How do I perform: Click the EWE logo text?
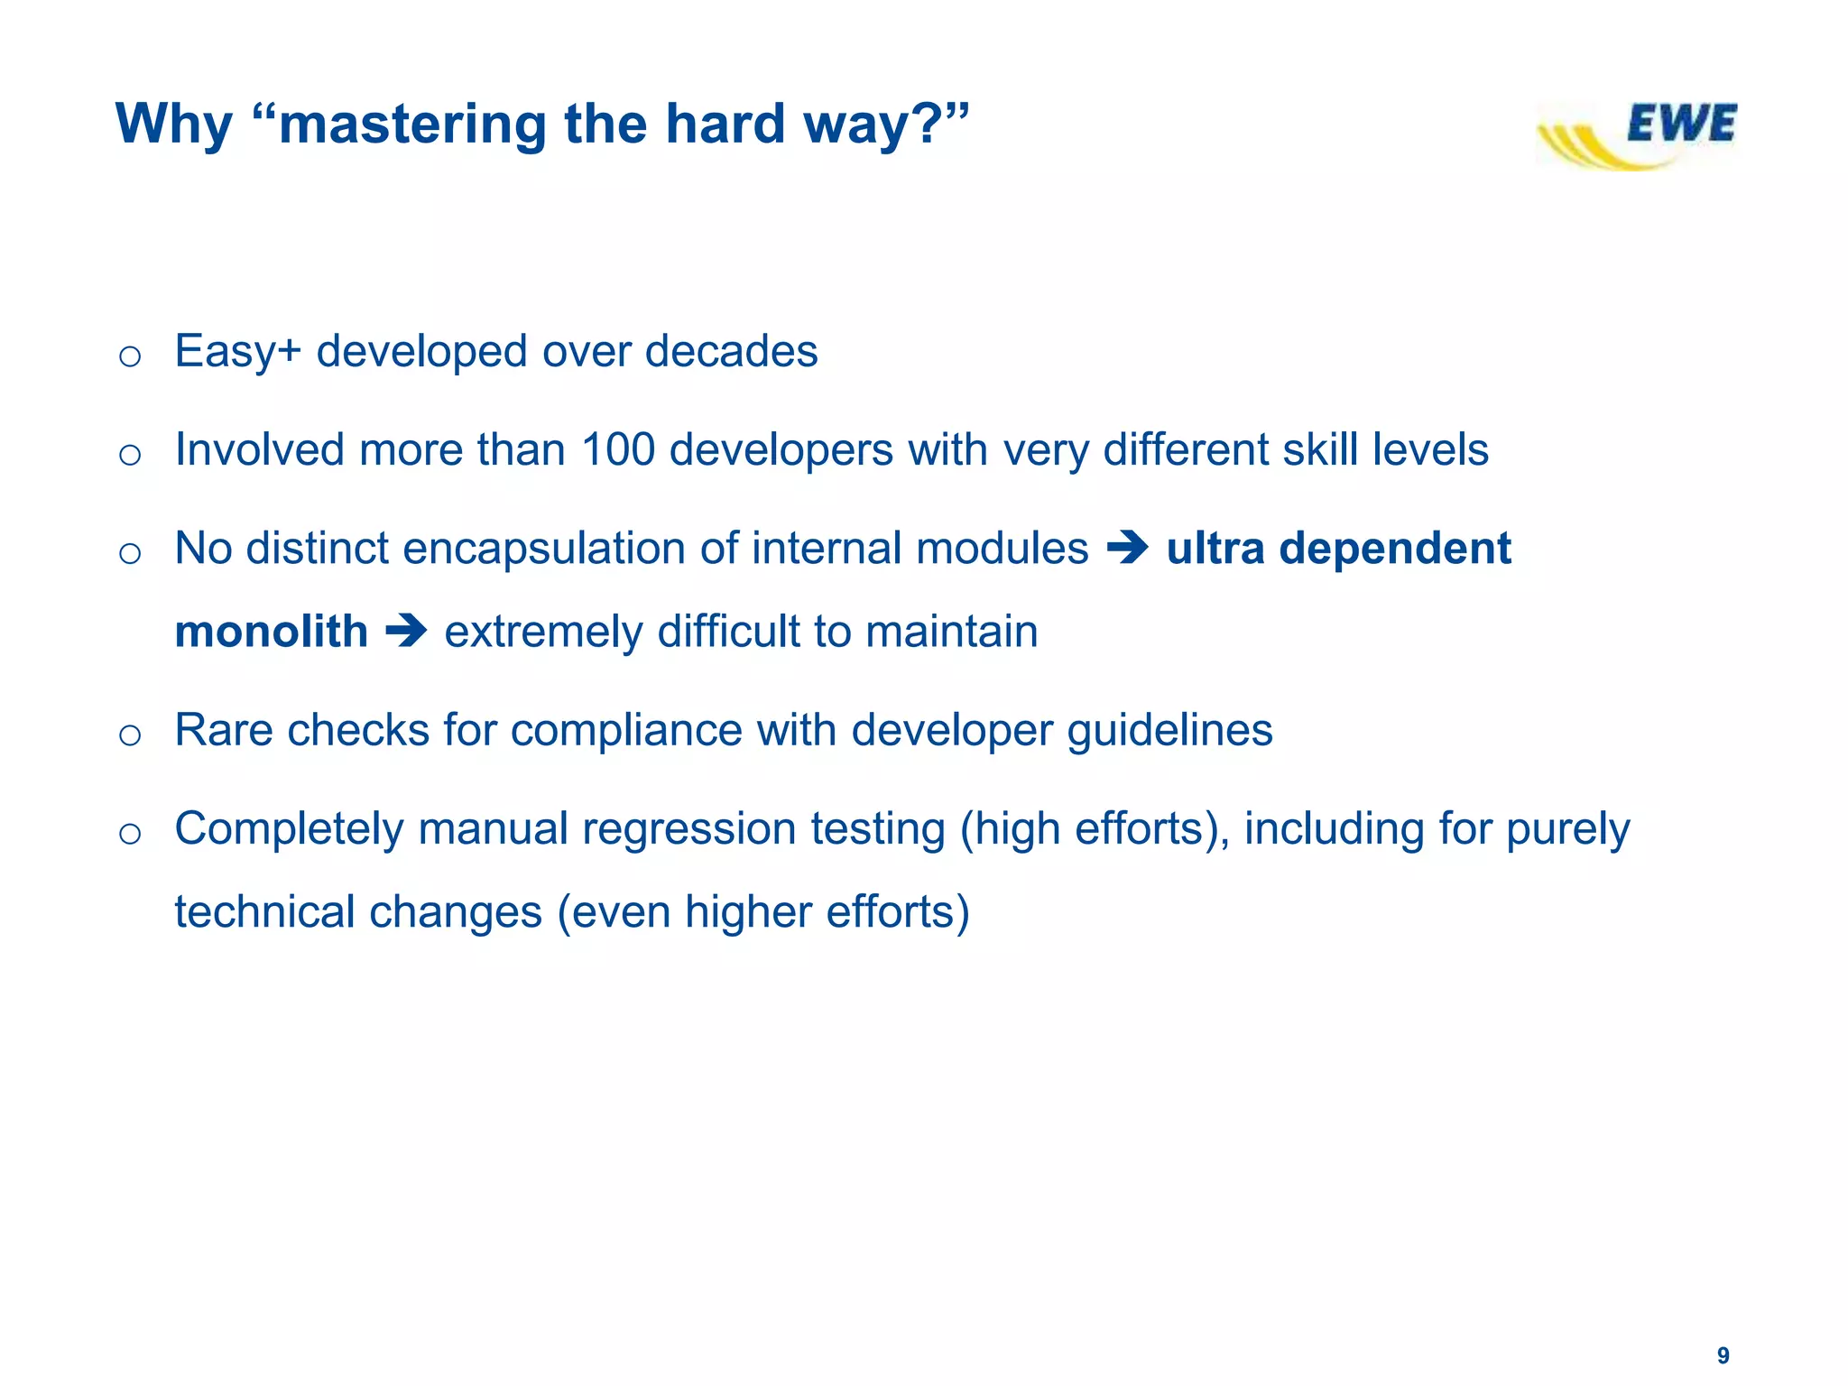click(1680, 124)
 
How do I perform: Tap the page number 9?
click(1723, 1355)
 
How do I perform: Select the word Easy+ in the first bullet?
click(237, 352)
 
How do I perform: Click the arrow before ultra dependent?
click(1127, 548)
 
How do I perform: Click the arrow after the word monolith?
click(406, 631)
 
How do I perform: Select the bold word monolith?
click(271, 631)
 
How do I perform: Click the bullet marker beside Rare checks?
click(130, 735)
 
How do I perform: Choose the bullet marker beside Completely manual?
click(130, 833)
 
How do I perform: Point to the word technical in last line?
click(264, 911)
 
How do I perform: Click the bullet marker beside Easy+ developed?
click(130, 356)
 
